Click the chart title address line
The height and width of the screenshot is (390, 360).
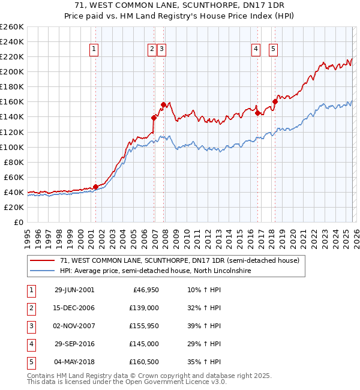179,5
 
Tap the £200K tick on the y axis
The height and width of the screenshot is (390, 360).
11,71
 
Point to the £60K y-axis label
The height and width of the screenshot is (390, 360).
13,177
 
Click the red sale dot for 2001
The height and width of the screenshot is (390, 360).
95,187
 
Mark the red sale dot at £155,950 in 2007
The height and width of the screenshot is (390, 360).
163,104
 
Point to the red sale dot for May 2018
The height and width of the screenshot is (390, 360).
275,101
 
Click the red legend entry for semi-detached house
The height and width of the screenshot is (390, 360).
175,261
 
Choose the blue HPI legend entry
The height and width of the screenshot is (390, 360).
155,271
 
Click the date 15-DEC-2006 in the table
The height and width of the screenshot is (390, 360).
74,308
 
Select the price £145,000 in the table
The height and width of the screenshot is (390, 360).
143,344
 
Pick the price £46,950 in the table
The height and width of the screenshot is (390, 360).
145,290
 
